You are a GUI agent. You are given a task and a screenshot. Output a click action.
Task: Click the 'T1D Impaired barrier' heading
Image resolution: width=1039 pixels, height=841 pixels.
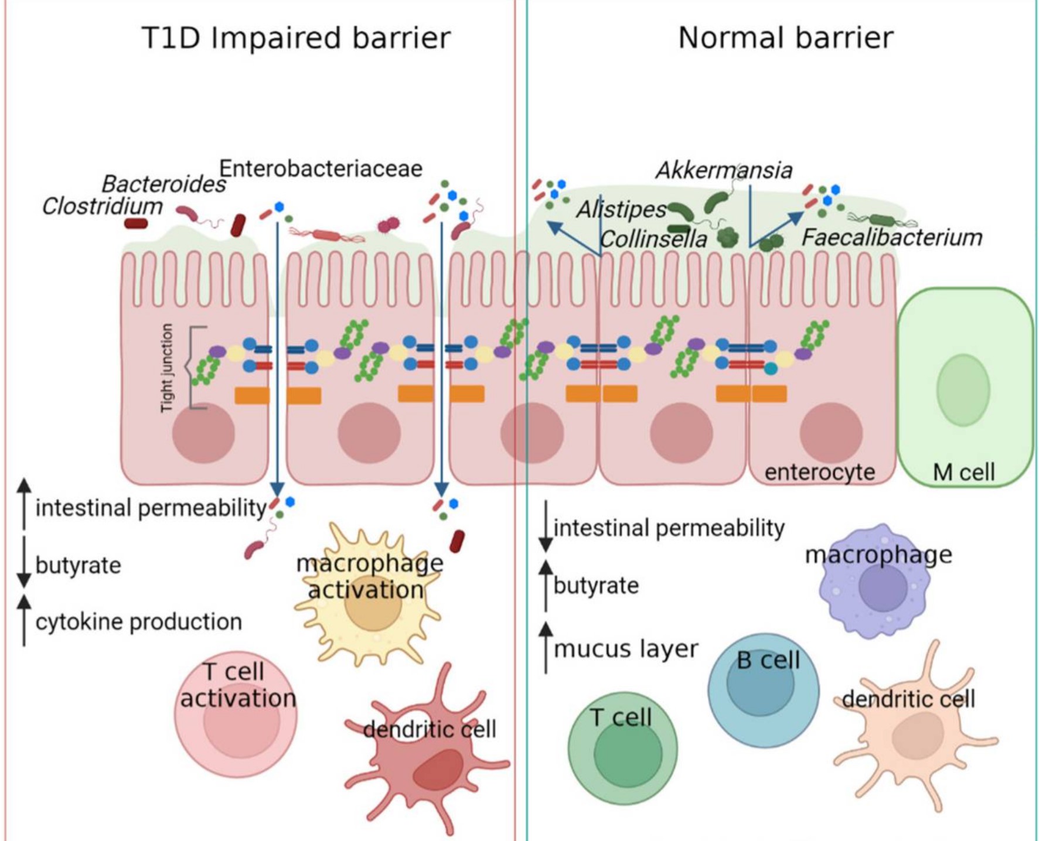(x=296, y=38)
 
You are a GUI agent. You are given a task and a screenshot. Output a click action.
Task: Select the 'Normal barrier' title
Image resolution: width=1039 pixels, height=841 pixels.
(x=785, y=38)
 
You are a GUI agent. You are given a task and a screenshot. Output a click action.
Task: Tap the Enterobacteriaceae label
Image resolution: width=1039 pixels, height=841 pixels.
(x=321, y=169)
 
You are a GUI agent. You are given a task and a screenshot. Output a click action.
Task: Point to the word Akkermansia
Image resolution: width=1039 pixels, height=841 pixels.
(x=724, y=170)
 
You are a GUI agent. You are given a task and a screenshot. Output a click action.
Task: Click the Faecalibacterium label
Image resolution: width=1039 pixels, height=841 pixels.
(x=891, y=238)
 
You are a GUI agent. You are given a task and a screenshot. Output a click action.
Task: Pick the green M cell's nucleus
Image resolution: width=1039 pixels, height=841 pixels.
(x=963, y=389)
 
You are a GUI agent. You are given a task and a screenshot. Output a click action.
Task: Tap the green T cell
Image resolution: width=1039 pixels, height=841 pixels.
(x=622, y=748)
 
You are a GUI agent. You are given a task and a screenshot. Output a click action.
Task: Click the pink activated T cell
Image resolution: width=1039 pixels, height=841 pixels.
(x=236, y=714)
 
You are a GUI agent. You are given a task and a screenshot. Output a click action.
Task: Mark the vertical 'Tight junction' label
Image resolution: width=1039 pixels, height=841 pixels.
(x=167, y=367)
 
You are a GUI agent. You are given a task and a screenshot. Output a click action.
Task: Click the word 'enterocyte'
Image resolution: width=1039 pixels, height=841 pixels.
(x=819, y=472)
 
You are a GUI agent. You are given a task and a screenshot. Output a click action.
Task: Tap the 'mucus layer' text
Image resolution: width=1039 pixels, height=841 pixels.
(x=626, y=649)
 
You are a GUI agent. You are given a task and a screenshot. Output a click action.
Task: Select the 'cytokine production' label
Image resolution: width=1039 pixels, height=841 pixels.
(x=138, y=622)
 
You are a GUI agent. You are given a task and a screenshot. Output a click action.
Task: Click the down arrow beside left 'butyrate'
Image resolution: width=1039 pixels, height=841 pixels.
(x=24, y=562)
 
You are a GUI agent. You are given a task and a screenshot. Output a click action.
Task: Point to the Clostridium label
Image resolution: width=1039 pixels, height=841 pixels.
(x=103, y=206)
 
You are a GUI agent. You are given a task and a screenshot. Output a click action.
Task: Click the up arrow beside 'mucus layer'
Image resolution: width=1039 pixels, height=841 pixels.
(x=546, y=647)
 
